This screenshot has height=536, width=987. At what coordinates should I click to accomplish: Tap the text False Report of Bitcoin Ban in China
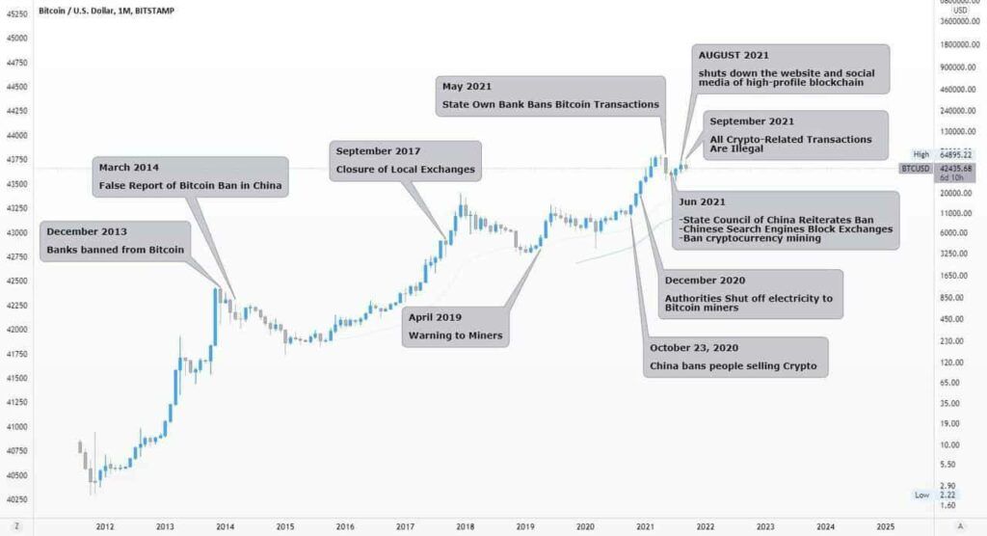click(x=193, y=186)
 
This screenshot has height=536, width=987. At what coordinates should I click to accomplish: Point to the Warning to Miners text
click(x=448, y=335)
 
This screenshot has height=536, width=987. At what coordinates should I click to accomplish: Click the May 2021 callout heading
click(x=467, y=87)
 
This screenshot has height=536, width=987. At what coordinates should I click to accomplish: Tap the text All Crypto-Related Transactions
click(x=790, y=139)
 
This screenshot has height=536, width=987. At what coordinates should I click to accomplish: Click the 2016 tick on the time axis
click(x=345, y=526)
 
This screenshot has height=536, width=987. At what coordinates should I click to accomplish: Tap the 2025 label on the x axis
click(x=885, y=526)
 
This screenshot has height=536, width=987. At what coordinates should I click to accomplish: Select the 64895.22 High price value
click(x=955, y=154)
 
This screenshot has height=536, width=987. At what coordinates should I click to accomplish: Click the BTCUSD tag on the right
click(x=915, y=168)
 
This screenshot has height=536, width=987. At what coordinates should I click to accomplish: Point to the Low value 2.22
click(x=947, y=494)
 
